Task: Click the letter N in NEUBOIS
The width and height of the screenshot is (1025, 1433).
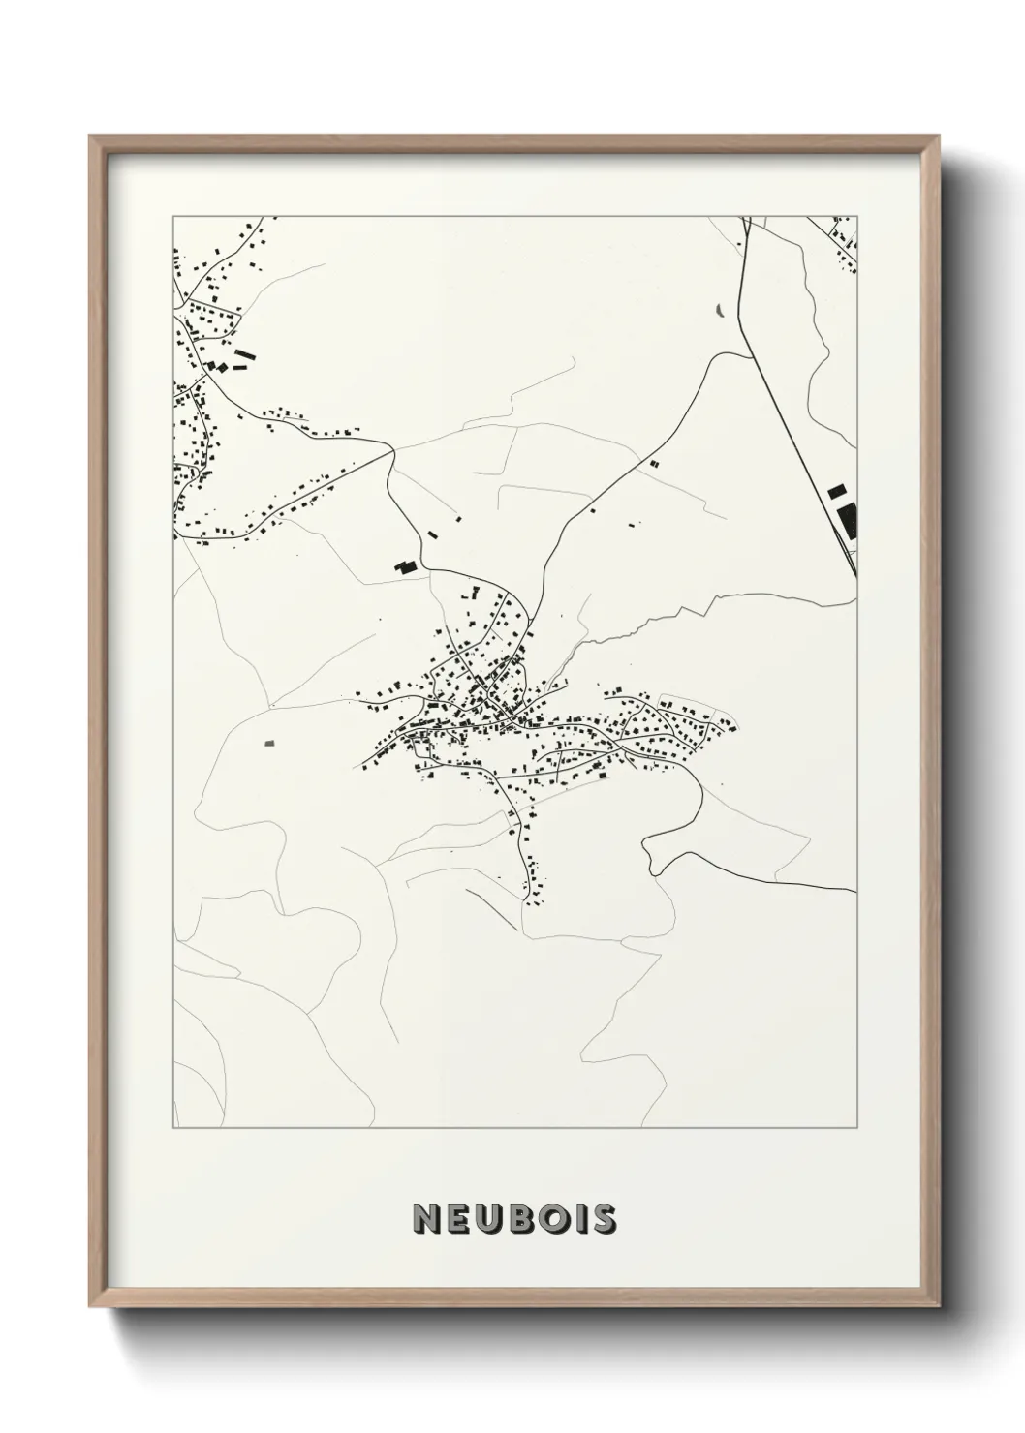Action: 425,1219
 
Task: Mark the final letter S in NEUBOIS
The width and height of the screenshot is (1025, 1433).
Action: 606,1219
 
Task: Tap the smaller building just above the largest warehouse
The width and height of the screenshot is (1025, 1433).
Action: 835,492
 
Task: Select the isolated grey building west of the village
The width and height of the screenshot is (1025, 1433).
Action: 269,743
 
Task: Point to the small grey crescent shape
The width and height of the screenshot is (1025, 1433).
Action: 720,310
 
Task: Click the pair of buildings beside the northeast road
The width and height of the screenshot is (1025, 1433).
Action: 653,464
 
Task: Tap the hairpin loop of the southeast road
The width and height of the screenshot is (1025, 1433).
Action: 651,855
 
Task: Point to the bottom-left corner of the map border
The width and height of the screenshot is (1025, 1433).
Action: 172,1128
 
